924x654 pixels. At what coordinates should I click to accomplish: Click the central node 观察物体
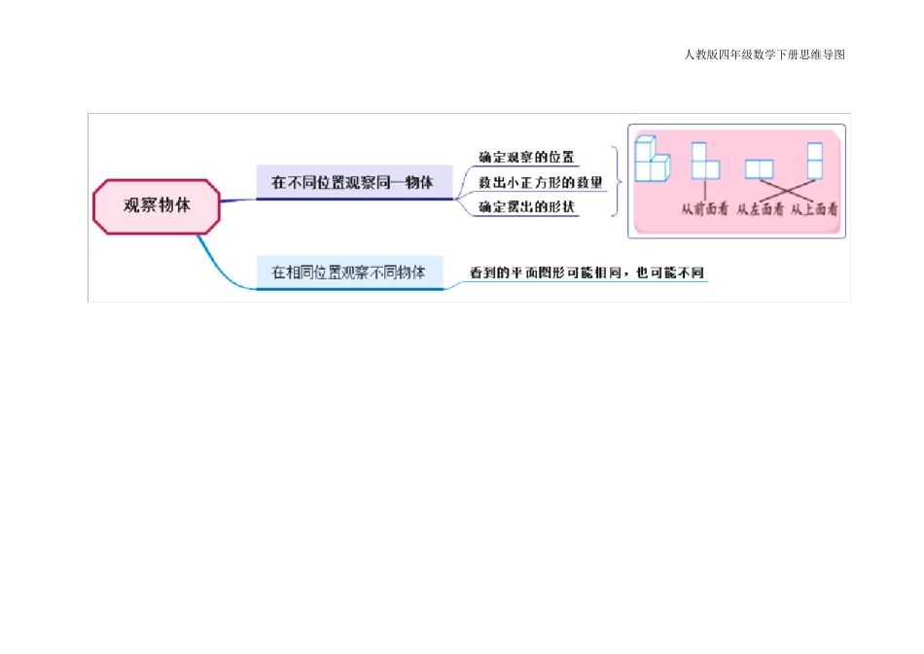(157, 206)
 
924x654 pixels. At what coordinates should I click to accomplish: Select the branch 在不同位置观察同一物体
(352, 182)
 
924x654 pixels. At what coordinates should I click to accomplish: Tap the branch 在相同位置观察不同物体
(348, 272)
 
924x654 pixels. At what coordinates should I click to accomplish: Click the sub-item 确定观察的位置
(526, 157)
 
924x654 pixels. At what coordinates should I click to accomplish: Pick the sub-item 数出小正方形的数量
(541, 182)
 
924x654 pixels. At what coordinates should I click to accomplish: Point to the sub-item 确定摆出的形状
(526, 207)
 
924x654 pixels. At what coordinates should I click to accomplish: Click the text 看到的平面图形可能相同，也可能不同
(586, 273)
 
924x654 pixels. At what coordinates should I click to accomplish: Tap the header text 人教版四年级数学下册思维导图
(764, 54)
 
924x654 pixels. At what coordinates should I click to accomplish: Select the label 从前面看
(704, 208)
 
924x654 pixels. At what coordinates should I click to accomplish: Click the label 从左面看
(760, 208)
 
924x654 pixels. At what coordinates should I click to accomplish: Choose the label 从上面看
(814, 208)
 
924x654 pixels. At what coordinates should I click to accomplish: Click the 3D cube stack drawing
(652, 160)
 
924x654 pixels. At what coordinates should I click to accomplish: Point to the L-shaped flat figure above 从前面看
(704, 162)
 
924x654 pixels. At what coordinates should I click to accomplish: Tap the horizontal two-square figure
(759, 169)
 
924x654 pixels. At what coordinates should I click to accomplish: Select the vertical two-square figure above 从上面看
(815, 161)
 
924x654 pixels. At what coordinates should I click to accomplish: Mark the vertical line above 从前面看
(704, 190)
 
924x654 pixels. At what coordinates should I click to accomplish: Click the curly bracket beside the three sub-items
(615, 182)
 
